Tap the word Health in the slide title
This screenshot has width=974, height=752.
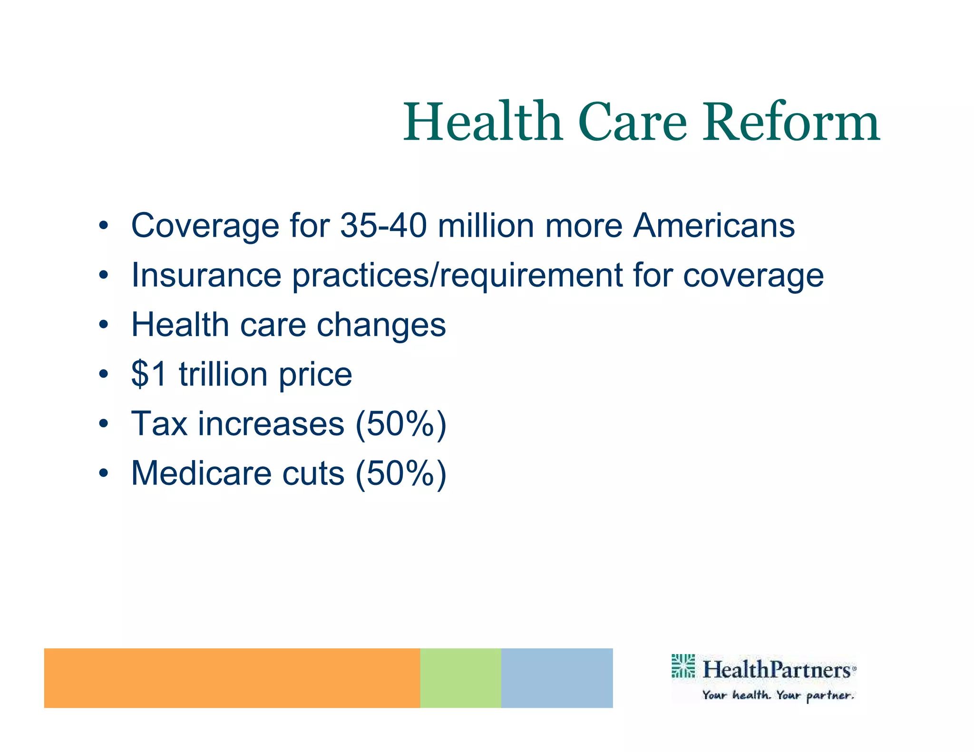tap(483, 123)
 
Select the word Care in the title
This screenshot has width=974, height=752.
tap(633, 123)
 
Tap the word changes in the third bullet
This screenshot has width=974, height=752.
tap(381, 326)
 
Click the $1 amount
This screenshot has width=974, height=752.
tap(149, 374)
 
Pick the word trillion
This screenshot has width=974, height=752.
tap(223, 374)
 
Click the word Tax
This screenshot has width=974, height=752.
tap(159, 424)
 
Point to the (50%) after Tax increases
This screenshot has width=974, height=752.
tap(401, 424)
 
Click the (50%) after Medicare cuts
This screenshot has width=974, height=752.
tap(401, 474)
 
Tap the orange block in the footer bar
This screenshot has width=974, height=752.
tap(232, 678)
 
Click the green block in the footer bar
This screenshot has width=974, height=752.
tap(460, 678)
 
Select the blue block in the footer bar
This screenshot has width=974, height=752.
tap(556, 678)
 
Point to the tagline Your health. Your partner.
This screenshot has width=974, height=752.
tap(778, 695)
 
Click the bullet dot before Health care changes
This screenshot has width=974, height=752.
tap(104, 325)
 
